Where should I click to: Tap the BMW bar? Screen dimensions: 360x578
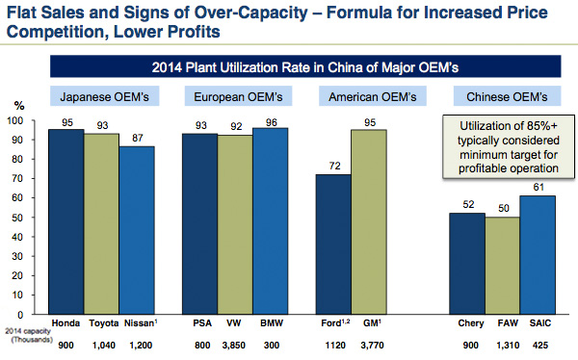[271, 220]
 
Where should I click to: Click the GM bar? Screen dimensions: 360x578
[368, 221]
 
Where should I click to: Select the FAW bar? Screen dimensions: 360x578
[502, 266]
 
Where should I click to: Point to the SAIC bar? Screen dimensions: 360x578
[538, 254]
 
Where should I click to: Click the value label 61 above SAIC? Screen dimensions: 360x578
[538, 187]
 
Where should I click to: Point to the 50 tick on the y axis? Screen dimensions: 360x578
[16, 219]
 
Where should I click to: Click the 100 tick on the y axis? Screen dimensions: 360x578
[14, 120]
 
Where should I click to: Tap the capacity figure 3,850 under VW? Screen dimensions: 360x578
[234, 343]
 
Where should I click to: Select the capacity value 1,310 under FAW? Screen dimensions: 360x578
[503, 343]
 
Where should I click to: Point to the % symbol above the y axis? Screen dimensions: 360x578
[17, 107]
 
